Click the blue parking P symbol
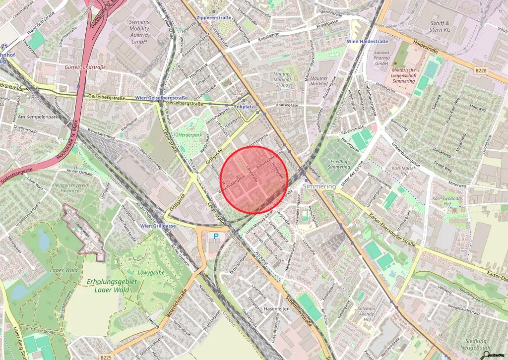point(215,237)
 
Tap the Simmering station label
point(319,185)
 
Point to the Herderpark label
point(190,135)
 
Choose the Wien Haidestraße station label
point(367,41)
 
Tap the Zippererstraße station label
point(217,17)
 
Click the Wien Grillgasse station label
point(158,226)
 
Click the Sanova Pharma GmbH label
point(381,58)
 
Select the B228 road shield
point(480,71)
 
